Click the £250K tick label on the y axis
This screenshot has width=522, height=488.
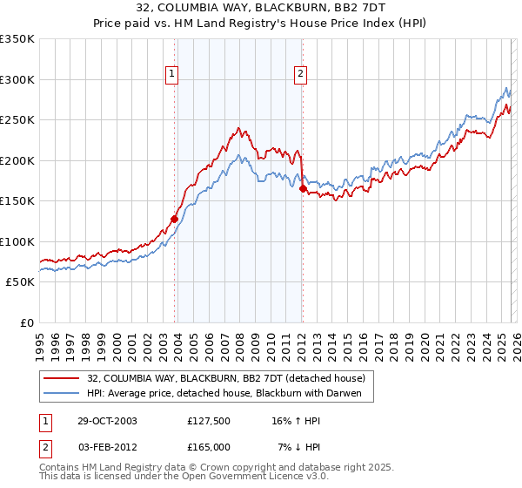point(17,120)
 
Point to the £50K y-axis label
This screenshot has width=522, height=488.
point(20,282)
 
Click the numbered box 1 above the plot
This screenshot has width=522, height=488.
point(173,75)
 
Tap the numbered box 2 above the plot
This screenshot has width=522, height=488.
point(300,75)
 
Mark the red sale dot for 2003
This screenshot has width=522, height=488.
point(175,220)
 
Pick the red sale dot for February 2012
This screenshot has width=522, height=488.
point(302,188)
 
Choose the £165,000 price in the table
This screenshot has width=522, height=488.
point(209,446)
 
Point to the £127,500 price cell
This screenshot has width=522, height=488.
point(209,421)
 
